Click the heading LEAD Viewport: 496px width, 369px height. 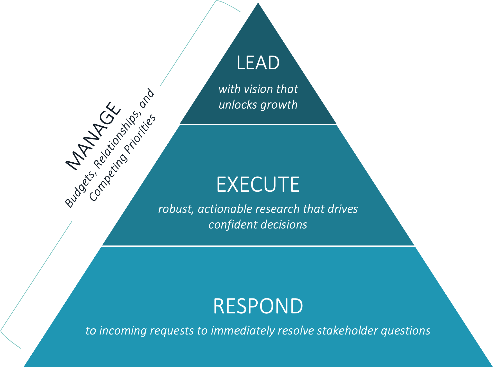(x=258, y=63)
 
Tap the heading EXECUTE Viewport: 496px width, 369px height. (x=258, y=184)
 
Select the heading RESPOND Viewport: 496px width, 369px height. (x=258, y=306)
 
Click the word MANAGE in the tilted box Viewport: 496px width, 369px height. (x=93, y=136)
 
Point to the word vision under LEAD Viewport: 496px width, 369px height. (x=258, y=89)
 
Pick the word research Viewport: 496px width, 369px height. (x=277, y=209)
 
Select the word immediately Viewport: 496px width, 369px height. (x=242, y=331)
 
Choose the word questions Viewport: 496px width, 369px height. (x=405, y=331)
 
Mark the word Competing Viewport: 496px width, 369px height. (x=108, y=177)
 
